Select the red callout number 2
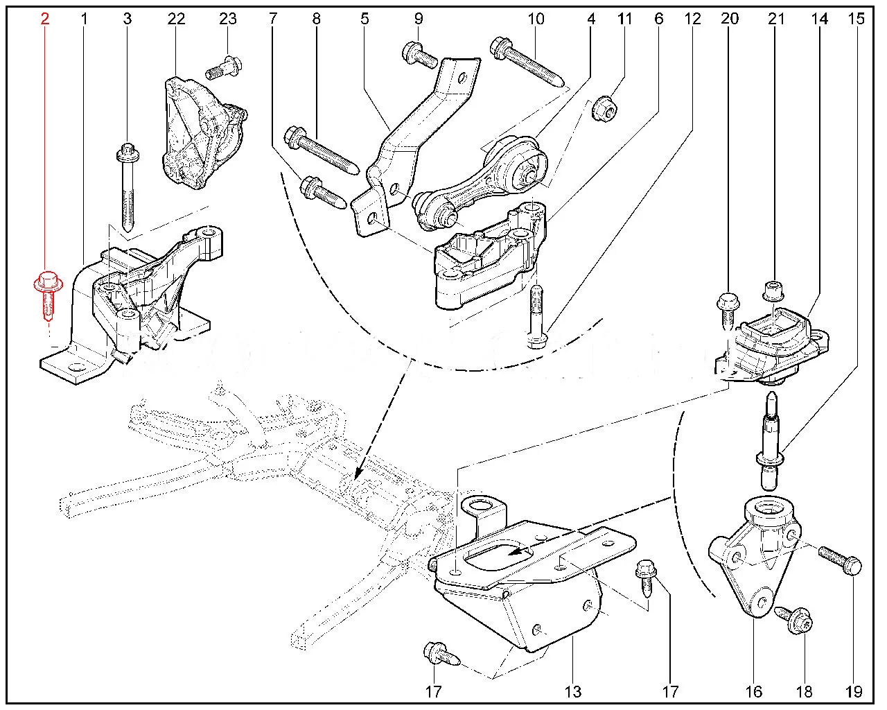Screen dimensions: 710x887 tap(45, 19)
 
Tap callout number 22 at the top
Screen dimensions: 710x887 tap(176, 19)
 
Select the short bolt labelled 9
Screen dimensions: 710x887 tap(420, 56)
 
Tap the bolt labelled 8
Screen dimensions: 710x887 tap(320, 149)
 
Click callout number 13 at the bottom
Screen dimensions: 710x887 tap(573, 691)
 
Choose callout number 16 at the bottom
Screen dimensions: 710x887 tap(755, 691)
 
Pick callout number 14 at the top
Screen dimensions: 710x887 tap(820, 19)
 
